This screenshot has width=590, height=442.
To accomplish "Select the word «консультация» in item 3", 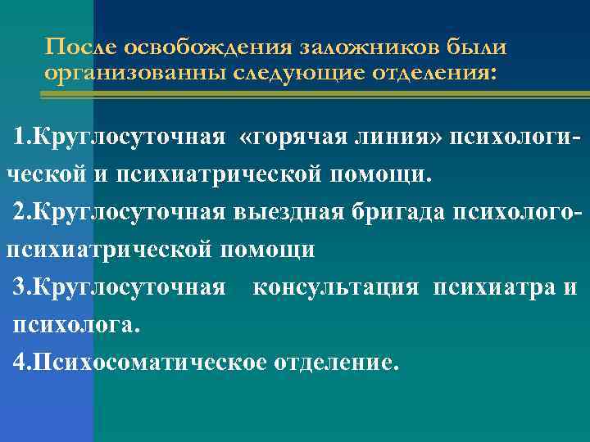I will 338,288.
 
